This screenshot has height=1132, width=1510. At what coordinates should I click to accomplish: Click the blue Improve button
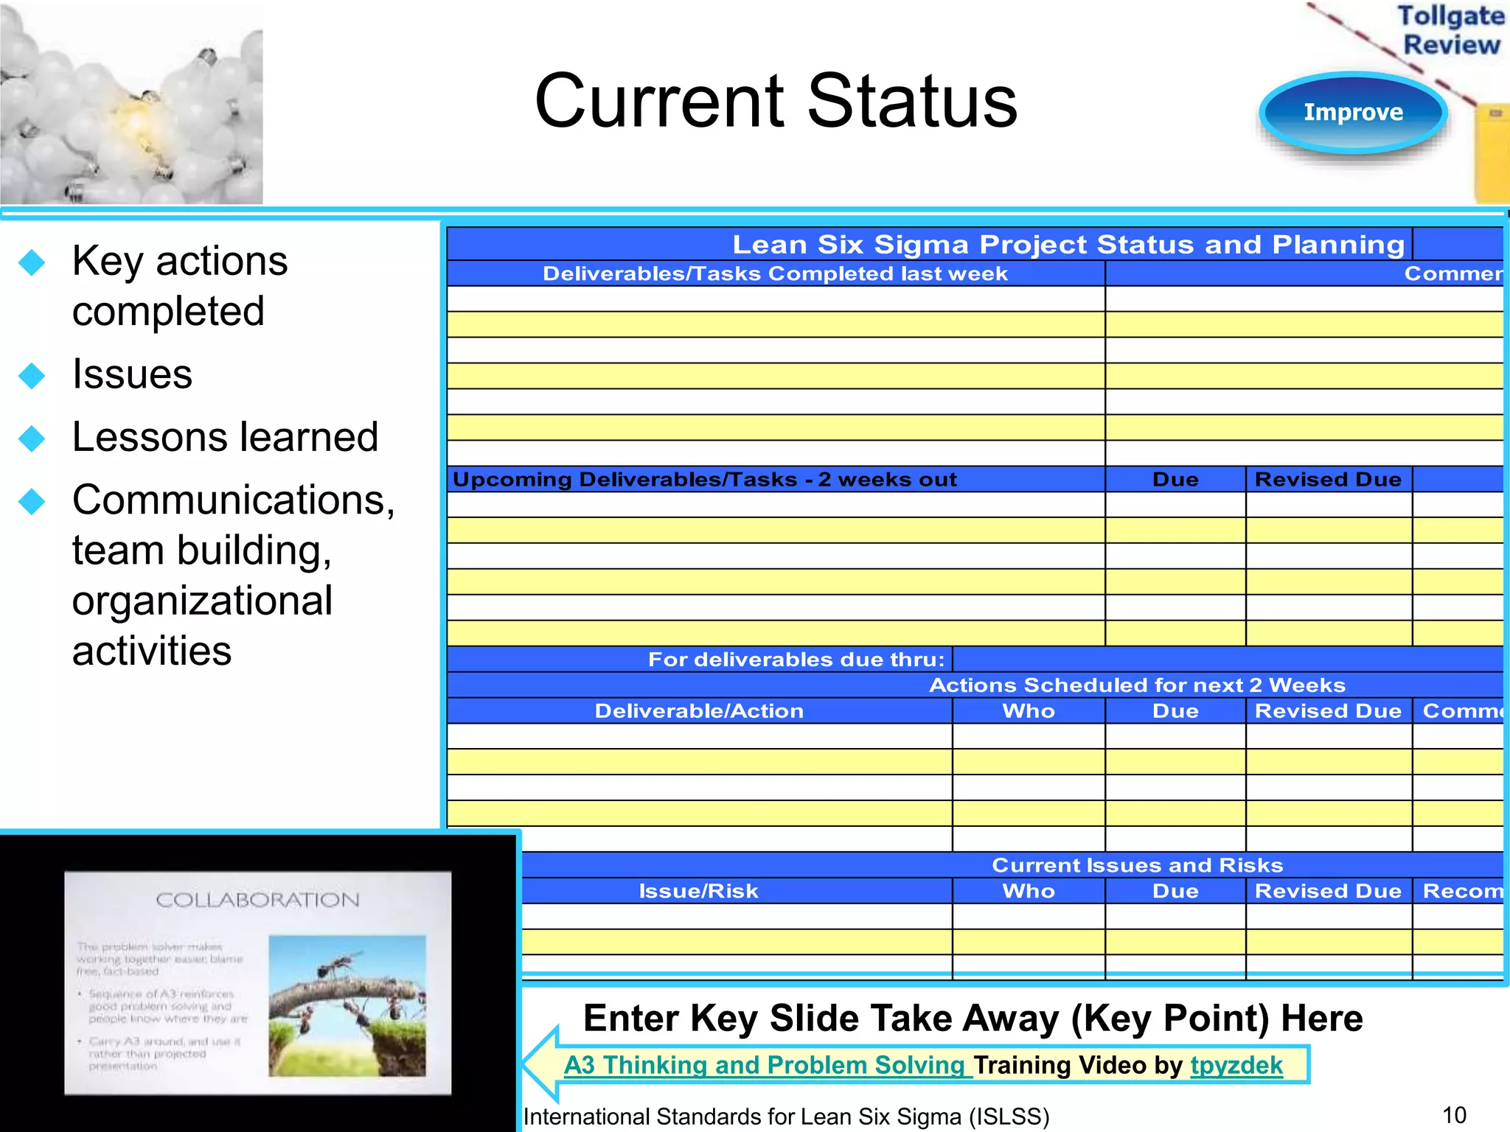click(x=1353, y=113)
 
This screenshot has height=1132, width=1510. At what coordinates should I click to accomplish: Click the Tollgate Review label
click(x=1450, y=30)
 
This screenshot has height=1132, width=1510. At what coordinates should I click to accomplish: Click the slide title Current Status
click(x=776, y=101)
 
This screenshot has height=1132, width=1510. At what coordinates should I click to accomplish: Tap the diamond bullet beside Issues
click(x=32, y=375)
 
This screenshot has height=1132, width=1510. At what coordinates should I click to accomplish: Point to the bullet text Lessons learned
click(x=225, y=437)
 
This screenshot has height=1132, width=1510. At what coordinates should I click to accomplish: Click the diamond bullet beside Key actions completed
click(x=32, y=262)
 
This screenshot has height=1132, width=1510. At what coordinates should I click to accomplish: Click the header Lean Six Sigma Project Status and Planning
click(x=1068, y=244)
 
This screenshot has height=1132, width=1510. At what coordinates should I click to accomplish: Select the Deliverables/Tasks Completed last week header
click(x=775, y=273)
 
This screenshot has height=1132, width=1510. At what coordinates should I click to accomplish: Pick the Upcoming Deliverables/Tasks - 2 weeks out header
click(x=704, y=480)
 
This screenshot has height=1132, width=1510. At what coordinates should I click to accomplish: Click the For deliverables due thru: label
click(x=796, y=660)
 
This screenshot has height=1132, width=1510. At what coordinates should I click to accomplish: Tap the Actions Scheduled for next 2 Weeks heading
click(x=1136, y=685)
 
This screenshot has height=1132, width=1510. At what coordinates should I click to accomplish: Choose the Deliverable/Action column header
click(x=698, y=711)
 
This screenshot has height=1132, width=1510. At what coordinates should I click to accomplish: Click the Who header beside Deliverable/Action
click(x=1028, y=711)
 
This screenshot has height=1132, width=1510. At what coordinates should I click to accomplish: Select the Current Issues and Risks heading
click(x=1136, y=865)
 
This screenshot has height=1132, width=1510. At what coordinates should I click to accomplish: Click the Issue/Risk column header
click(x=698, y=891)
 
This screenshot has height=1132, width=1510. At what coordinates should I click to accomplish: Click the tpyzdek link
click(x=1236, y=1065)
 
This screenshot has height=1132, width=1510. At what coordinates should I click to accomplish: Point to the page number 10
click(x=1454, y=1115)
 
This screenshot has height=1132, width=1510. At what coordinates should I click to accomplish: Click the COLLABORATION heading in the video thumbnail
click(x=257, y=900)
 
